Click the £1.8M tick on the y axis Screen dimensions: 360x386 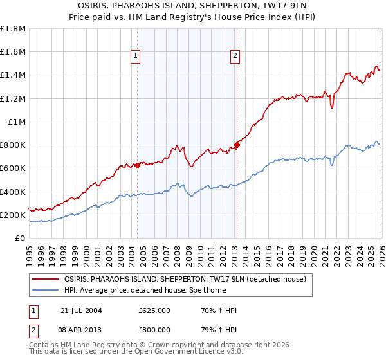[13, 29]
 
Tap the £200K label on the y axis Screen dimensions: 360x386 [12, 215]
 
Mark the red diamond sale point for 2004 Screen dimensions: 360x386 [137, 165]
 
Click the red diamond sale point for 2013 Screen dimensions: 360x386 [237, 145]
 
